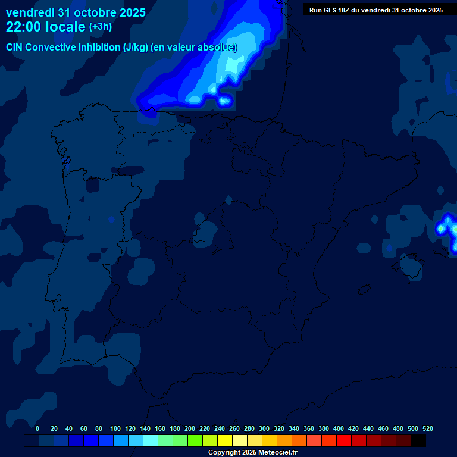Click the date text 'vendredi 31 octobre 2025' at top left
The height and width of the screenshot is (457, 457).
coord(76,12)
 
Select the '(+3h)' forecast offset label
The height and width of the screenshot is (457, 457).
coord(101,27)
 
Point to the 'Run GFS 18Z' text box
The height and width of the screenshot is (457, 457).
coord(375,10)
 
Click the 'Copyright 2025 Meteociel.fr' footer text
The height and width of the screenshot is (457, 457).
coord(252,452)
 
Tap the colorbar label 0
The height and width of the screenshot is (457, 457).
coord(37,428)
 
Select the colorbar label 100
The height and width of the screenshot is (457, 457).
coord(115,428)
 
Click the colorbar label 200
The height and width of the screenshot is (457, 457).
coord(190,428)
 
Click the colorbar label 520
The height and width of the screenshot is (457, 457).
coord(428,428)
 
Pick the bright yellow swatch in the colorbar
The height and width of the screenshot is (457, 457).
coord(225,441)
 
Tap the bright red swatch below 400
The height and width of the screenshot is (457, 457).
coord(344,441)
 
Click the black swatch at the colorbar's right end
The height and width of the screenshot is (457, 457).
coord(418,441)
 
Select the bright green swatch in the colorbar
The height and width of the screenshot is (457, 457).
coord(195,441)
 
